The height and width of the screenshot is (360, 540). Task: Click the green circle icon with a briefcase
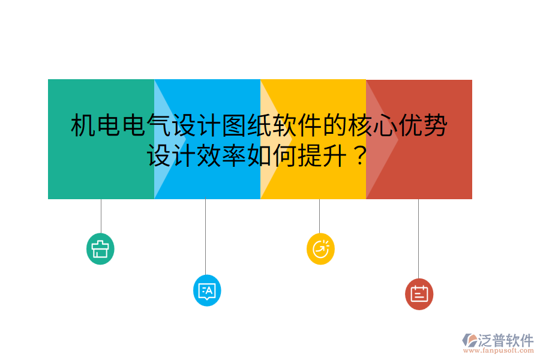[100, 248]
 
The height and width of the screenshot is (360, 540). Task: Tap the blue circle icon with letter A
[207, 291]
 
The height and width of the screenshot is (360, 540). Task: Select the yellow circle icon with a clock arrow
[320, 248]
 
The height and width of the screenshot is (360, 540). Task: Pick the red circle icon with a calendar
[419, 294]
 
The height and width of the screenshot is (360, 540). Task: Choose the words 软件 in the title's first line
[298, 126]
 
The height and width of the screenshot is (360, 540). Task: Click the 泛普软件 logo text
[506, 340]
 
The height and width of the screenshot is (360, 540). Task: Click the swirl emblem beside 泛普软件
[469, 340]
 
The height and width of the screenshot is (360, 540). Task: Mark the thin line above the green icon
[101, 215]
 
